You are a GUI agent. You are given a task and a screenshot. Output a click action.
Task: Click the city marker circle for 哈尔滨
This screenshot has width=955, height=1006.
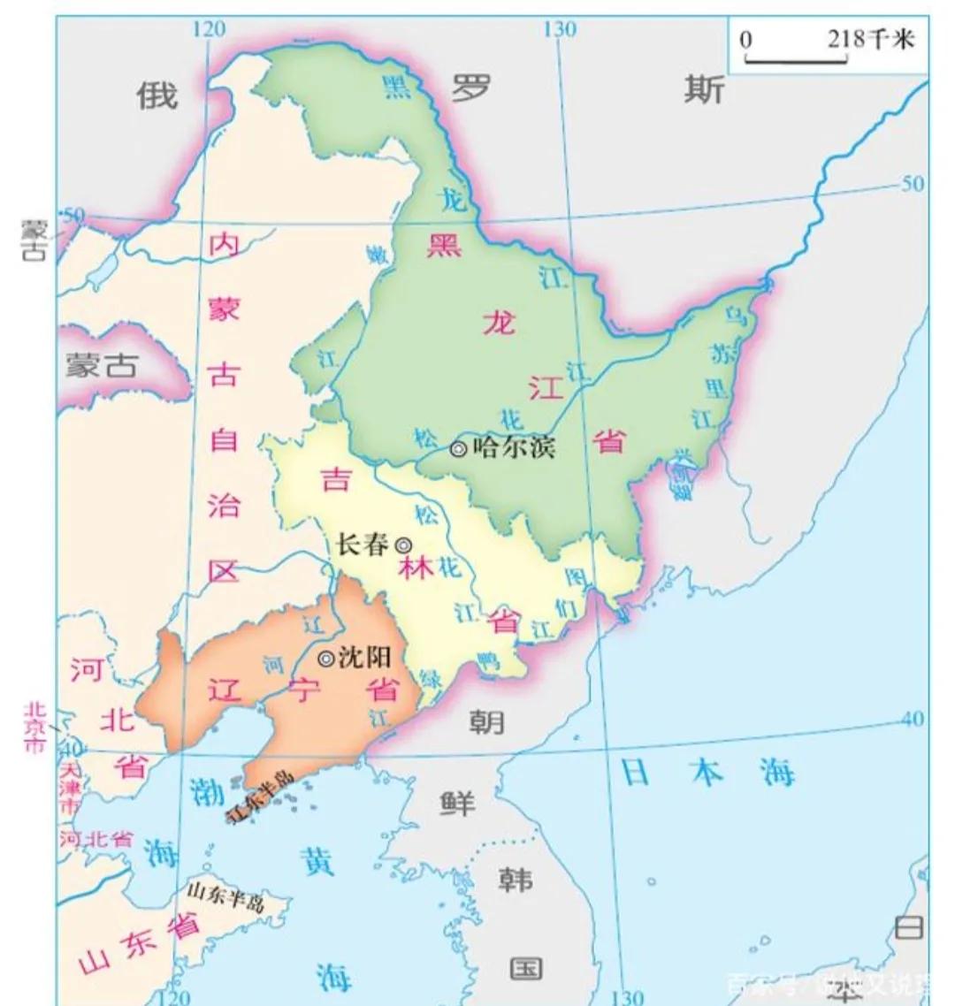(458, 448)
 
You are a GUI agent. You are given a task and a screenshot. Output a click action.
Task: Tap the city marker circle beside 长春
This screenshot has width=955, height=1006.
(402, 545)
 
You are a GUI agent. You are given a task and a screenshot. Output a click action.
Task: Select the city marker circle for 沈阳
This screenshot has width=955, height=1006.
(325, 658)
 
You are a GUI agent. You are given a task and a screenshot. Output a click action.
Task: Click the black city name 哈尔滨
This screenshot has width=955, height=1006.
(515, 447)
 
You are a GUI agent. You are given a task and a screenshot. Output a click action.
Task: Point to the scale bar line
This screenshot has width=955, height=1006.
(796, 60)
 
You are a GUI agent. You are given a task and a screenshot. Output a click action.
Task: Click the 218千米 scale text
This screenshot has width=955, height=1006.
(870, 39)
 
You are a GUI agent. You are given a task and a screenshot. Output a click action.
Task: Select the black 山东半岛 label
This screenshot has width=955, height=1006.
(225, 896)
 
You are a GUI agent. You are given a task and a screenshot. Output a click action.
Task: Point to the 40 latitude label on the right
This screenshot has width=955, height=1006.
(912, 719)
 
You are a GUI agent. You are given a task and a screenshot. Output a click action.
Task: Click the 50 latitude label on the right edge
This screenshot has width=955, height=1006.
(912, 183)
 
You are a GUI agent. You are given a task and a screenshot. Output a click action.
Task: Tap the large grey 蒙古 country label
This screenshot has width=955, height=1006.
(101, 365)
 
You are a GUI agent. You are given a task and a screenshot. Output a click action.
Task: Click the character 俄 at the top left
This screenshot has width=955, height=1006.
(157, 95)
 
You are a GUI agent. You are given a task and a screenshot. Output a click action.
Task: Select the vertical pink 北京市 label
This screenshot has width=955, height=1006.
(34, 727)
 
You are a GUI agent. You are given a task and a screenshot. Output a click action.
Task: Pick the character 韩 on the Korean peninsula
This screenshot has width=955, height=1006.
(515, 880)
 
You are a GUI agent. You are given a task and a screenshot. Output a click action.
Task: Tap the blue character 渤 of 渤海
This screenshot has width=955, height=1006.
(206, 792)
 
